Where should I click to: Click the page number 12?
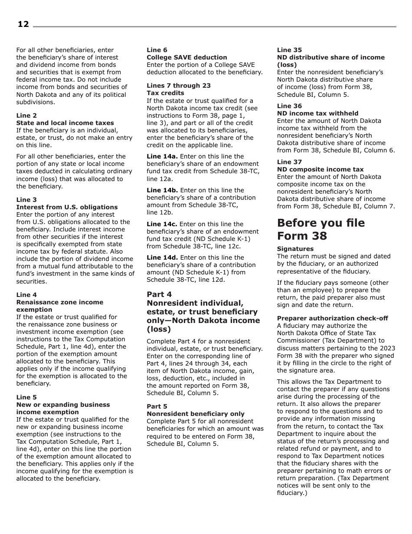pos(23,24)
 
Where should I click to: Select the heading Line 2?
pos(26,115)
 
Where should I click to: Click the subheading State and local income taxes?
pos(65,123)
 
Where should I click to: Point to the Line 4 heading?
pos(26,295)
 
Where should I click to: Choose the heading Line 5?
pos(26,397)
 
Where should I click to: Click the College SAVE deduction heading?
pos(186,57)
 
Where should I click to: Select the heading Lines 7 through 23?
pos(179,86)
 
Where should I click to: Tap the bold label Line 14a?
pos(162,156)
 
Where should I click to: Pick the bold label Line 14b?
pos(162,190)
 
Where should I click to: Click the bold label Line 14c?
pos(162,224)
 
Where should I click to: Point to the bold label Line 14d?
pos(162,257)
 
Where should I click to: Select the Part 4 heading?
pos(159,294)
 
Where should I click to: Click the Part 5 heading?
pos(157,406)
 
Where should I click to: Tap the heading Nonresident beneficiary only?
pos(196,414)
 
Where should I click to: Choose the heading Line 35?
pos(289,50)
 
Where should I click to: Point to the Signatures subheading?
pos(295,249)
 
